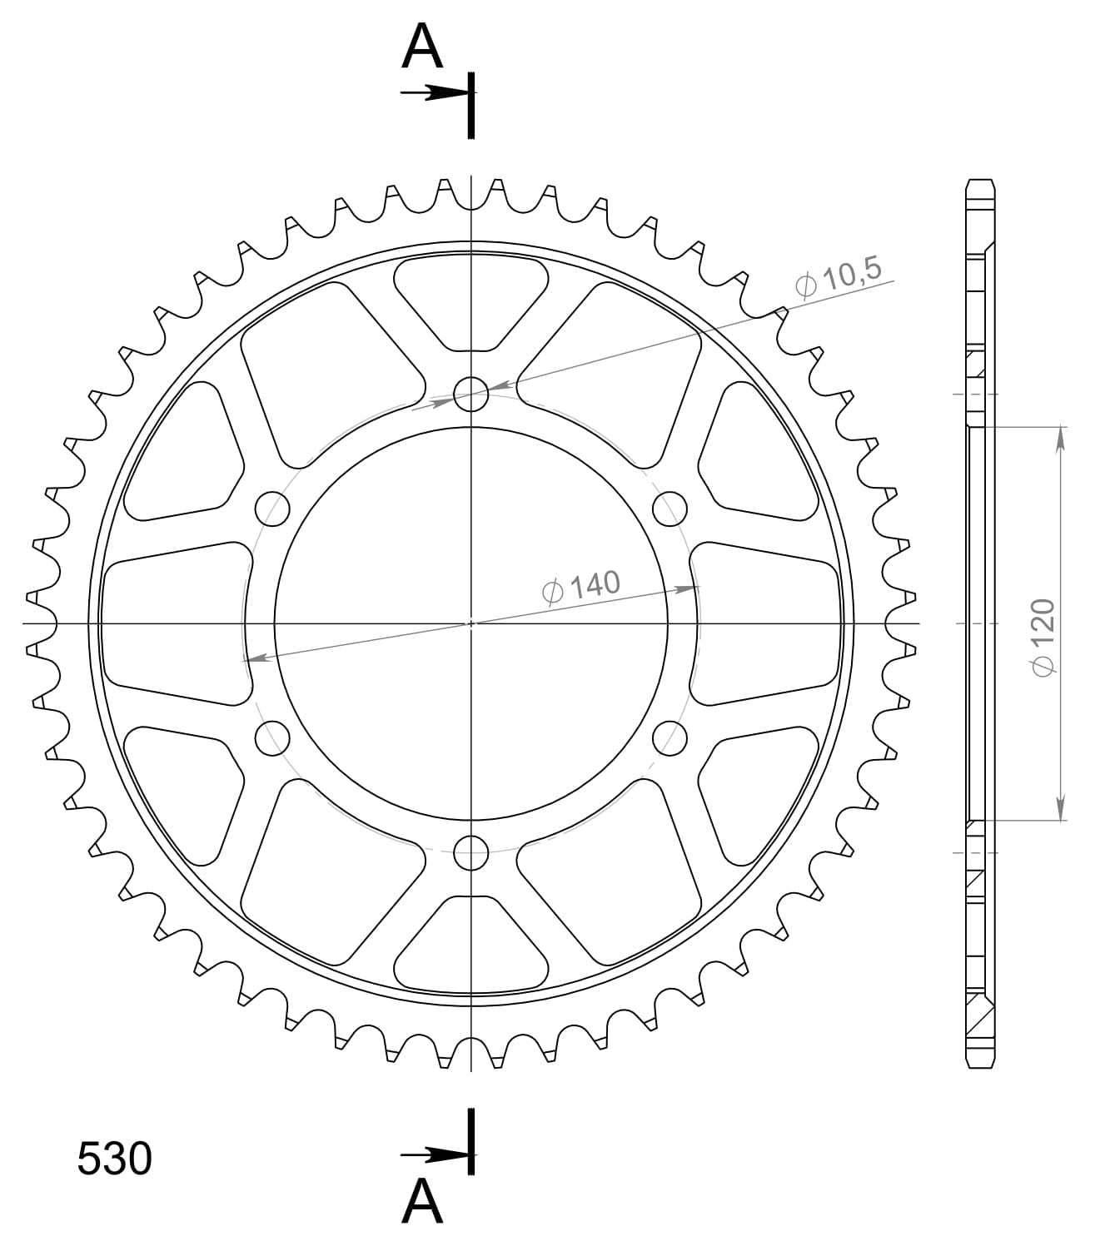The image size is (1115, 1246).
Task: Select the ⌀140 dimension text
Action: click(581, 587)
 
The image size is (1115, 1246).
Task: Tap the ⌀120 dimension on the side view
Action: click(1043, 636)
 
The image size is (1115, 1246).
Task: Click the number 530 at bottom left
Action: click(114, 1159)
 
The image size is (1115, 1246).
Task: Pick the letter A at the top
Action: click(422, 48)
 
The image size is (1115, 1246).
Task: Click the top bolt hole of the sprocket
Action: click(471, 395)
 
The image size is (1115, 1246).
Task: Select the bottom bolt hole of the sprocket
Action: click(471, 852)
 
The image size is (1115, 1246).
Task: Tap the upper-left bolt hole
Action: click(272, 509)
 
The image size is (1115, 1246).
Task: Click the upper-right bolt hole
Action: click(669, 509)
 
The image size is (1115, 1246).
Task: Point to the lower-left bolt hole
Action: click(272, 737)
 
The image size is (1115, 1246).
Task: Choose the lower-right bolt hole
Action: click(669, 737)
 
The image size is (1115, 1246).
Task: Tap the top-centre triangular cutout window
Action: click(471, 301)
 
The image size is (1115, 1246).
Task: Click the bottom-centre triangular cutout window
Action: click(471, 944)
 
